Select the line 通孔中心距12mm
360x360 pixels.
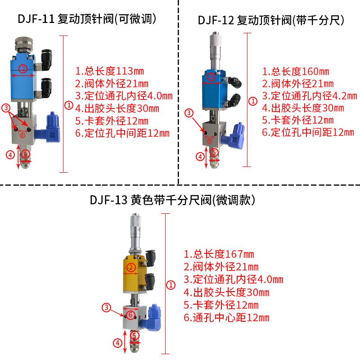click(226, 318)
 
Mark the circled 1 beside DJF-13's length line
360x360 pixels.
click(171, 284)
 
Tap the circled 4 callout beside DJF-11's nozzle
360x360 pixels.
click(10, 155)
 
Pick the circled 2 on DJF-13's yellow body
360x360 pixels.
click(131, 268)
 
